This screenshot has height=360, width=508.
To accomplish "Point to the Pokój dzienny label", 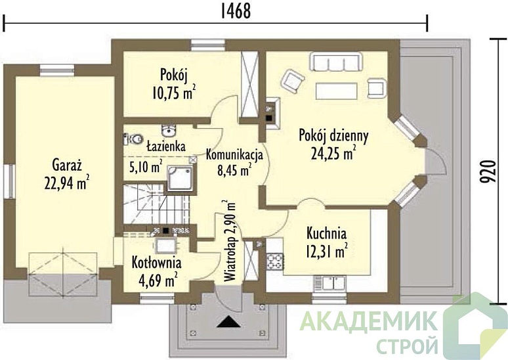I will click(333, 135).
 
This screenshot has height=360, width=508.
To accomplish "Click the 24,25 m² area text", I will click(333, 154).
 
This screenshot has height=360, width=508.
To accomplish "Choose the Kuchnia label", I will click(326, 233).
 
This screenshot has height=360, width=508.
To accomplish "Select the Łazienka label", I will click(165, 145).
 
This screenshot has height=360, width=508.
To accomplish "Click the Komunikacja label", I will click(234, 155).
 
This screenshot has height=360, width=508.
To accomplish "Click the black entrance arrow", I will click(230, 321).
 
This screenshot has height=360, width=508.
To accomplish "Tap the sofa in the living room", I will click(337, 62).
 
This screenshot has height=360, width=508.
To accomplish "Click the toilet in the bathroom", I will click(133, 139).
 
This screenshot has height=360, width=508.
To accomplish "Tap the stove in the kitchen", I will click(274, 260).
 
